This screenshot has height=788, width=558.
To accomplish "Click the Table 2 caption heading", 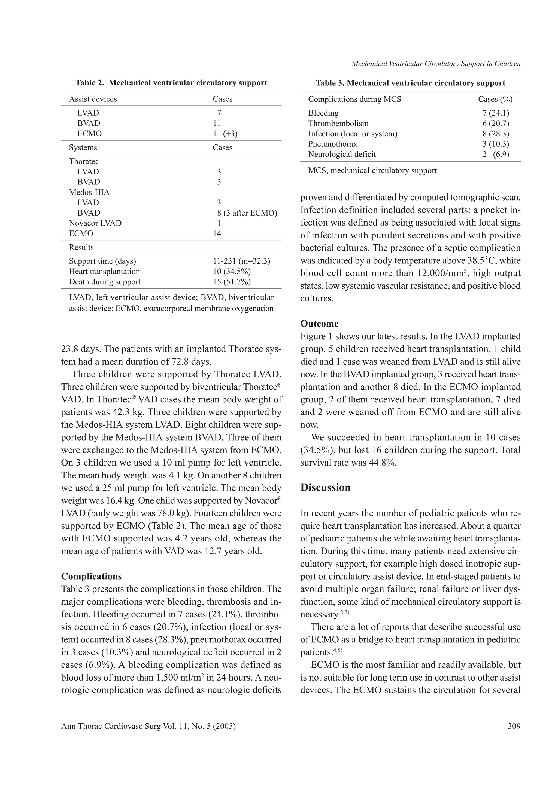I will (x=171, y=83).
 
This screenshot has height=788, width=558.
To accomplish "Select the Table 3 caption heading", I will (x=410, y=83).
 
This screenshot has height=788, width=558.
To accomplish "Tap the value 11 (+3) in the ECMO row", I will (x=225, y=134).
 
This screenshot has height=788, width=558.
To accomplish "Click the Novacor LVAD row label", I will (x=95, y=223).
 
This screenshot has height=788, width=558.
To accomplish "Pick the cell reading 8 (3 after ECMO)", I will (x=247, y=213).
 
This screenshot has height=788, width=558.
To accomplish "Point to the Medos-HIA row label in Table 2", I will (x=89, y=192).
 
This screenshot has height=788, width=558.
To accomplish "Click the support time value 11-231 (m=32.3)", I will (x=241, y=261).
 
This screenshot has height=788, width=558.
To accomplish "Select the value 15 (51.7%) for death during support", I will (x=232, y=282).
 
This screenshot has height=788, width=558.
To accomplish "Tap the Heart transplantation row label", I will (x=104, y=272).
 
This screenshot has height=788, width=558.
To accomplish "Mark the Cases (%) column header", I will (x=495, y=99).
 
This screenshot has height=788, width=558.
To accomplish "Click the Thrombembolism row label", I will (x=338, y=123).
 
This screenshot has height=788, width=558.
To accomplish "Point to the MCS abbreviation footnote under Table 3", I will (x=372, y=170).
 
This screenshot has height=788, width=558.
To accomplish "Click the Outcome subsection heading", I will (x=319, y=323).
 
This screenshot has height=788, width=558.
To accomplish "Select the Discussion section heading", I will (x=325, y=487).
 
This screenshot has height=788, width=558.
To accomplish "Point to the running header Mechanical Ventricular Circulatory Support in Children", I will (x=436, y=63).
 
